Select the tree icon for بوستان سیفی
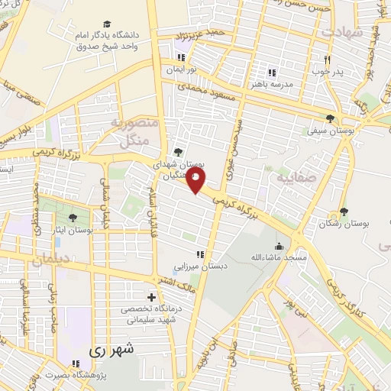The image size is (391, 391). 330,118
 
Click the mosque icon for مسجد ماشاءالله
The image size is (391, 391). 279,247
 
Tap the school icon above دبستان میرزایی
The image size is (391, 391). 199,254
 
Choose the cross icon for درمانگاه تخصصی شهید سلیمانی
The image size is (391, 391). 151,296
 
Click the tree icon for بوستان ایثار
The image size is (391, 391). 73,218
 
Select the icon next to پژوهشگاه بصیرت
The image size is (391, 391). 75,364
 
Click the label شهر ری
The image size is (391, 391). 111,351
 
